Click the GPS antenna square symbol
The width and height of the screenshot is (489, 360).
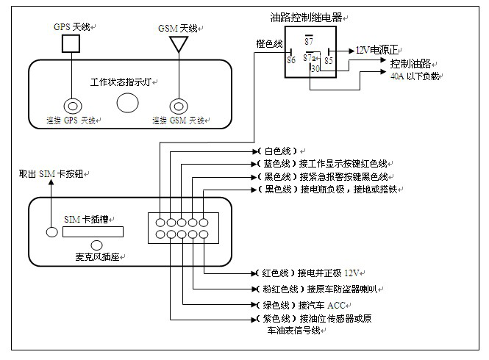pos(71,44)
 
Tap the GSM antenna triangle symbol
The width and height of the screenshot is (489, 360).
pos(176,44)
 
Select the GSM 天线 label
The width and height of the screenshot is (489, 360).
pos(179,28)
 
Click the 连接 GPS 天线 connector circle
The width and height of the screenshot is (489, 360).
pos(72,104)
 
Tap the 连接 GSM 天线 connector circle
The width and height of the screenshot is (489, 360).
pos(176,104)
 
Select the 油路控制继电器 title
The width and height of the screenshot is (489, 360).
pos(309,15)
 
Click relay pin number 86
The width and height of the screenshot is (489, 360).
pos(290,60)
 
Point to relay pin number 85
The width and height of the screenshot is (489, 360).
pos(329,60)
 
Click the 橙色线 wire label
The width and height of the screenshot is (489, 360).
pos(268,44)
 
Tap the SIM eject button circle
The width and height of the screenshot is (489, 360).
pos(51,232)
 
